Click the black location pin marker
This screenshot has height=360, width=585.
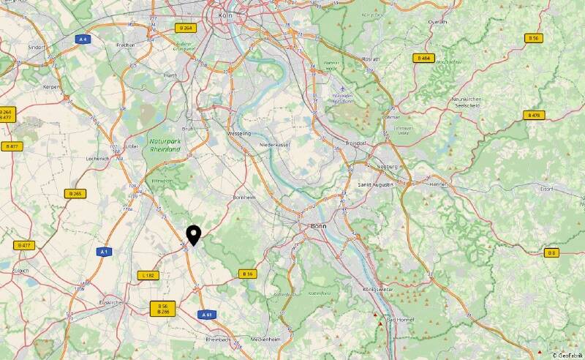point(194,235)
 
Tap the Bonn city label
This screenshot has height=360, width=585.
point(318,227)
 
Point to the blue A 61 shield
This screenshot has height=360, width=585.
point(208,315)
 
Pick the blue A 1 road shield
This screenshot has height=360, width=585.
point(105,252)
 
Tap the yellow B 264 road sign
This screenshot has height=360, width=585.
point(185,28)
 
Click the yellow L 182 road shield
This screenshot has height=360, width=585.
point(148,275)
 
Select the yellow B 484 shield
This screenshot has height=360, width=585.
point(423,57)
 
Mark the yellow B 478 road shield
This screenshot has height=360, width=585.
point(533,115)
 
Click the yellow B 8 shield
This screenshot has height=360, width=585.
point(551,252)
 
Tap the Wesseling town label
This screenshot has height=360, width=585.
point(239,134)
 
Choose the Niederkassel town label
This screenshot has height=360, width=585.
point(276,145)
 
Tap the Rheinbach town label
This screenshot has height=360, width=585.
point(219,340)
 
